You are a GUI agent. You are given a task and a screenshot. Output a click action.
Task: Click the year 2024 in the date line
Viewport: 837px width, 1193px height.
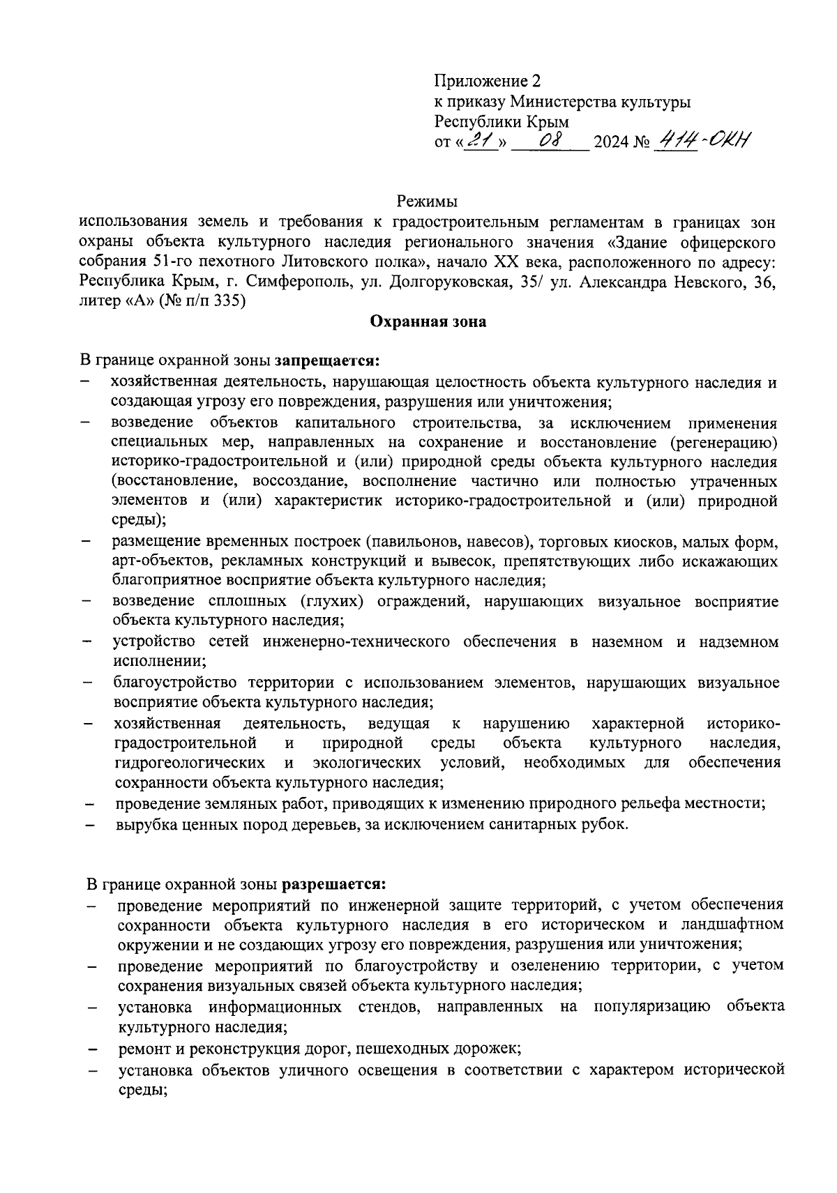(610, 144)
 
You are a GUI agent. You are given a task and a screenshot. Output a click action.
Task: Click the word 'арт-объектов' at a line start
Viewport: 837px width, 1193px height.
(153, 561)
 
